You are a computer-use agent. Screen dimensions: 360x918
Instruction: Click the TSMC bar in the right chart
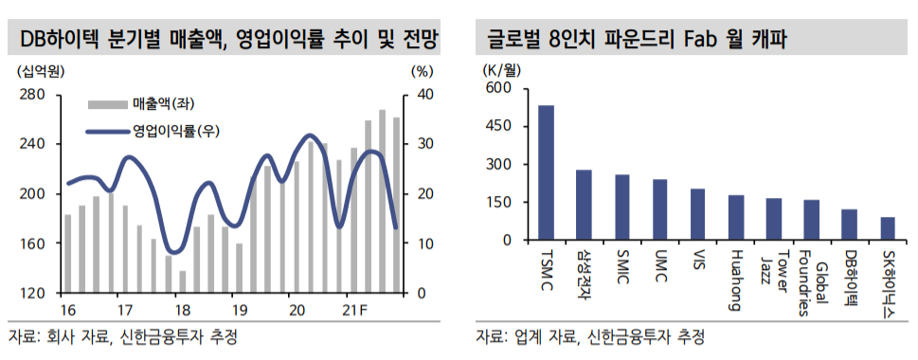[546, 172]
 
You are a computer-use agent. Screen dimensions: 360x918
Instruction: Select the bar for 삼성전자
[584, 205]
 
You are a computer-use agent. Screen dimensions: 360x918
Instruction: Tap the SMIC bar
[621, 207]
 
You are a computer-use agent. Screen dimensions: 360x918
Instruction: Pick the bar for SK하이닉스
[887, 228]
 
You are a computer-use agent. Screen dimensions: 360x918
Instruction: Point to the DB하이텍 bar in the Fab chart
[849, 225]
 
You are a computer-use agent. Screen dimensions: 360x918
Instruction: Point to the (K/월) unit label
[502, 68]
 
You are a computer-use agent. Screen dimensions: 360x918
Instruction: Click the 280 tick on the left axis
[32, 94]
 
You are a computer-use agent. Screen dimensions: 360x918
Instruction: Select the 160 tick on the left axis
[32, 243]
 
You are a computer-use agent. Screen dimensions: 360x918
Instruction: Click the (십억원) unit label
[38, 70]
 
